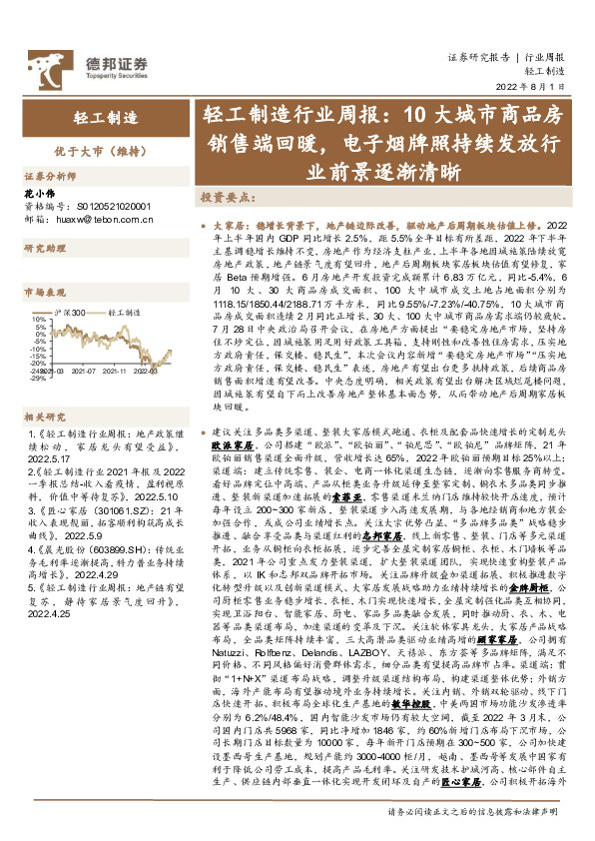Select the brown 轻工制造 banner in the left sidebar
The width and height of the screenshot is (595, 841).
(104, 118)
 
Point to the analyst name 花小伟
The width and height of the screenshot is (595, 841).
(37, 189)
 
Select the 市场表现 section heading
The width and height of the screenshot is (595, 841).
(42, 292)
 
